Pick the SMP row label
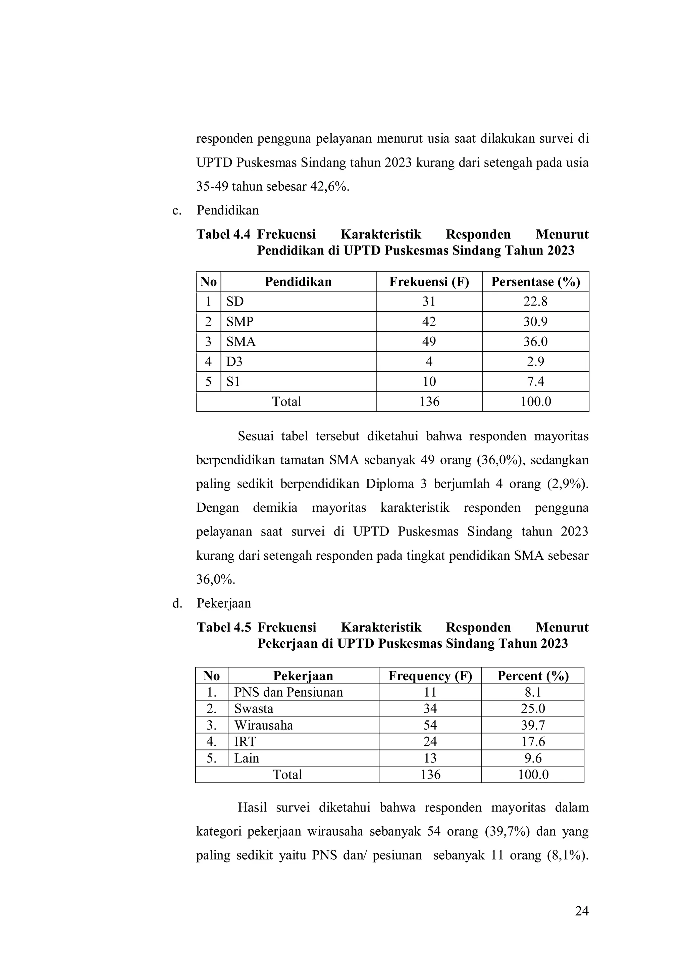[x=240, y=322]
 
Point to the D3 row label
[x=234, y=362]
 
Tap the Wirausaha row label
[x=264, y=725]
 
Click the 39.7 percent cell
[x=533, y=725]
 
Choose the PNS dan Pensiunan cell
[x=288, y=693]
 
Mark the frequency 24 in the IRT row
[x=430, y=742]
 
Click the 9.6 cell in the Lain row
[x=533, y=758]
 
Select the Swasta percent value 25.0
[x=533, y=709]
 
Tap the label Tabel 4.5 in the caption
[x=224, y=628]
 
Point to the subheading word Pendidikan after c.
[x=227, y=211]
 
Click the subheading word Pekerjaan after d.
[x=224, y=603]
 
